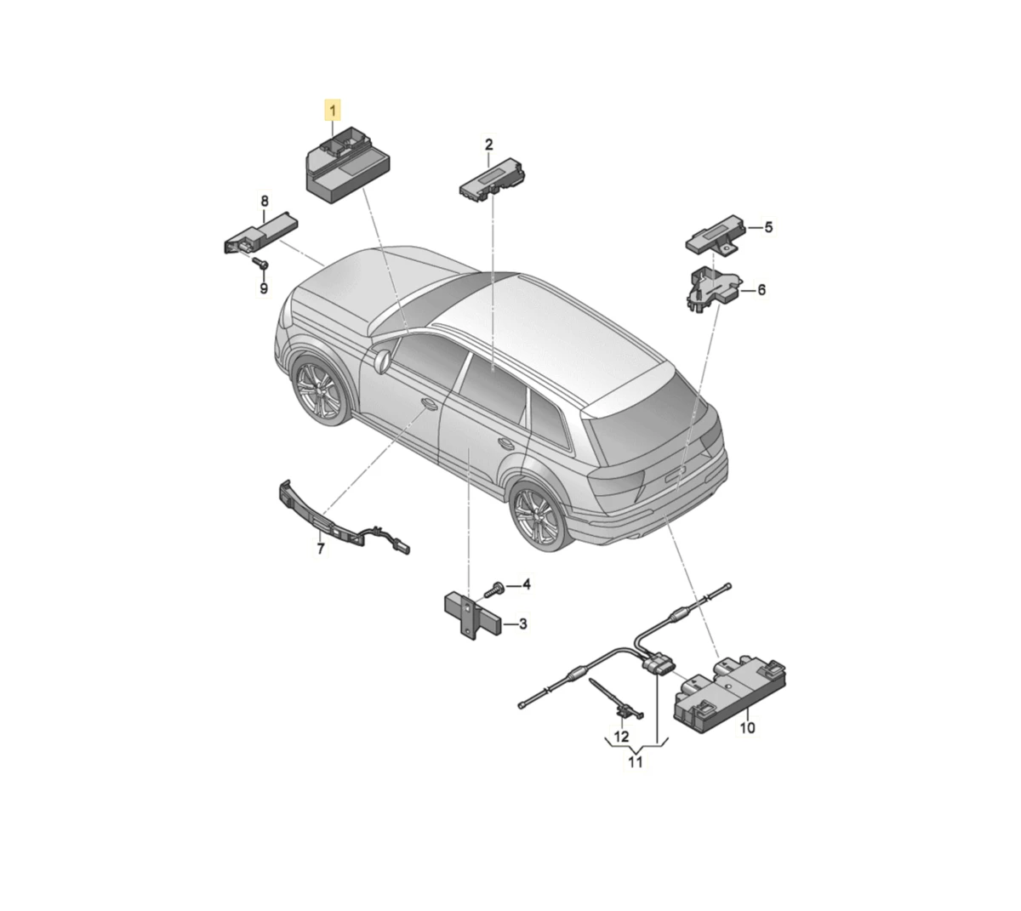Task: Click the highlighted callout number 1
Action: point(332,111)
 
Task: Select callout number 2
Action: point(488,145)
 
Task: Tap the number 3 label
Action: point(523,623)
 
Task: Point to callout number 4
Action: point(527,584)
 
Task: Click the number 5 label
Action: point(768,227)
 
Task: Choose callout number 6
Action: point(761,290)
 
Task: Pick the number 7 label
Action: point(321,548)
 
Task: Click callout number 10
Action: point(747,727)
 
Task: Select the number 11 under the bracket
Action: point(636,762)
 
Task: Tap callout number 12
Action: point(621,737)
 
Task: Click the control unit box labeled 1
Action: point(348,166)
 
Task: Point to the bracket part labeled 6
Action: point(712,290)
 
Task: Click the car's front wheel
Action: point(321,390)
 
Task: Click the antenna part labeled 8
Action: point(261,235)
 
